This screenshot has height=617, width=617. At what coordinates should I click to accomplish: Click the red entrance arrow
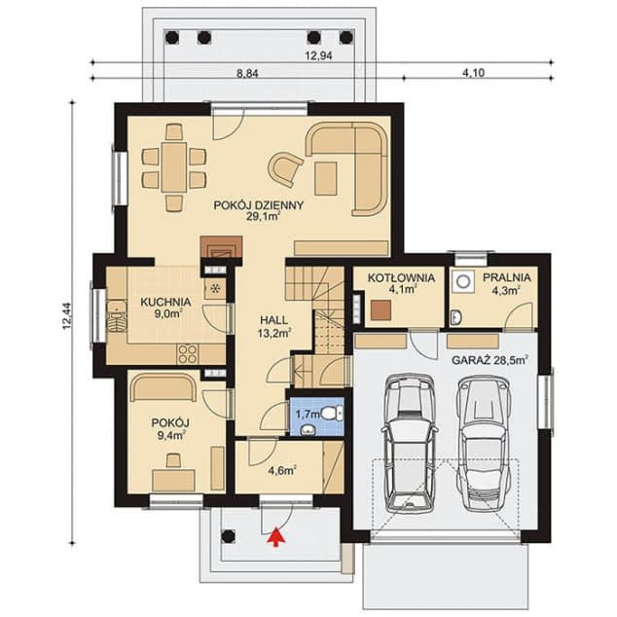tap(276, 536)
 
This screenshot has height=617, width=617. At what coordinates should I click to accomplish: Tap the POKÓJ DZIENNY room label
tap(259, 205)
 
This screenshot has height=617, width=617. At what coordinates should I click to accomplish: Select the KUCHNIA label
tap(165, 303)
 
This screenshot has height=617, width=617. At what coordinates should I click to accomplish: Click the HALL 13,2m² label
tap(273, 326)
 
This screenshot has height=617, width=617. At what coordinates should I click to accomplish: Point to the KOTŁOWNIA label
tap(401, 277)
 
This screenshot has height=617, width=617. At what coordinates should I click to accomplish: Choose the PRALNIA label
tap(507, 277)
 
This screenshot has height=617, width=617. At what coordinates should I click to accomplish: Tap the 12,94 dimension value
tap(319, 55)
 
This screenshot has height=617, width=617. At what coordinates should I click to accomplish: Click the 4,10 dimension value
tap(473, 73)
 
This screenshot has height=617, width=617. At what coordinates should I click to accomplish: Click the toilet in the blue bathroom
tap(332, 414)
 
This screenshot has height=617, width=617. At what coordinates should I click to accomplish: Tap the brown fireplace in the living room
tap(221, 247)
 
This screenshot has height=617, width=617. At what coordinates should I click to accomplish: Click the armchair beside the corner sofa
tap(285, 169)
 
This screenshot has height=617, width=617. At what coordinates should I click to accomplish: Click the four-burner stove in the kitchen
tap(187, 353)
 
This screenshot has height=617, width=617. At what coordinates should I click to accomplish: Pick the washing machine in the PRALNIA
tap(463, 281)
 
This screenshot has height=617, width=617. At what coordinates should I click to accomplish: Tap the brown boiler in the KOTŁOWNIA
tap(381, 309)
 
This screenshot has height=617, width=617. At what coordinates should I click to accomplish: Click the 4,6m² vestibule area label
tap(282, 470)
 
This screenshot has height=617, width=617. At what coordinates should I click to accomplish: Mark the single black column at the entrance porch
tap(229, 536)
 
